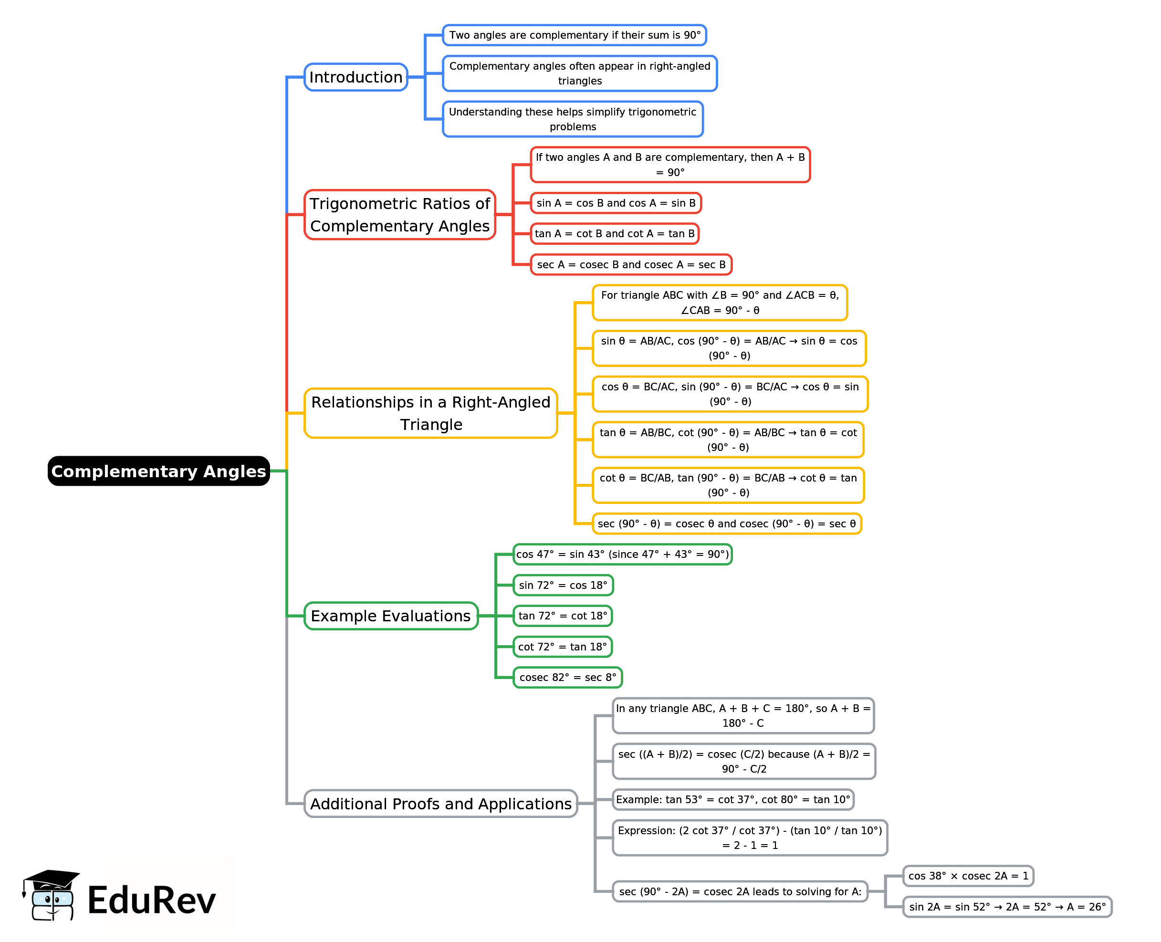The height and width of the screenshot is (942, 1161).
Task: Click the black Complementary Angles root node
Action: tap(158, 471)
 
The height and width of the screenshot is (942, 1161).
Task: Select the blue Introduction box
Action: tap(356, 77)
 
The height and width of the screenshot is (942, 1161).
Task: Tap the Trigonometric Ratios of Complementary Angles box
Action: tap(399, 214)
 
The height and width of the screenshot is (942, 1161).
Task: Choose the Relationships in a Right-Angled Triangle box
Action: tap(430, 413)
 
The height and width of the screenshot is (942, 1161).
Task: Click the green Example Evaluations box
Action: tap(391, 616)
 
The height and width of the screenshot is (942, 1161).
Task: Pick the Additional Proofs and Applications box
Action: tap(440, 804)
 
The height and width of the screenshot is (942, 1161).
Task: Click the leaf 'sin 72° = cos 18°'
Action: tap(563, 585)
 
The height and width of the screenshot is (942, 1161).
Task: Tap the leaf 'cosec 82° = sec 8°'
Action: tap(567, 677)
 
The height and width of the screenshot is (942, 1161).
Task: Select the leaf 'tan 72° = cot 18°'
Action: tap(563, 616)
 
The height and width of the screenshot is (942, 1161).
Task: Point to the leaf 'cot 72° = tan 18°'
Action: tap(563, 647)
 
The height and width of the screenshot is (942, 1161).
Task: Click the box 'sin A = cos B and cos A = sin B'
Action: tap(616, 203)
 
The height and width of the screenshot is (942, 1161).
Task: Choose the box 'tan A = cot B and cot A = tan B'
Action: tap(615, 233)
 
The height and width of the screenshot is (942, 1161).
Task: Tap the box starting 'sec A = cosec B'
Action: tap(631, 265)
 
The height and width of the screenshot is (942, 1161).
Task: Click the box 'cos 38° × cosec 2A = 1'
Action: tap(968, 876)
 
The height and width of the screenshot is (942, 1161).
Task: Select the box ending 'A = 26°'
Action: tap(1007, 907)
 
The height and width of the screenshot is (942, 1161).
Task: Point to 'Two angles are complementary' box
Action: tap(575, 35)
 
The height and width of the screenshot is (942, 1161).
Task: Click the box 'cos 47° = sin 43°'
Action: tap(622, 554)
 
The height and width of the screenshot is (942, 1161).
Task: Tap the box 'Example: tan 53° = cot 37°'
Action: tap(733, 799)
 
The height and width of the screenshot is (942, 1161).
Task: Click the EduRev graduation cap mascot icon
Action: tap(51, 895)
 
